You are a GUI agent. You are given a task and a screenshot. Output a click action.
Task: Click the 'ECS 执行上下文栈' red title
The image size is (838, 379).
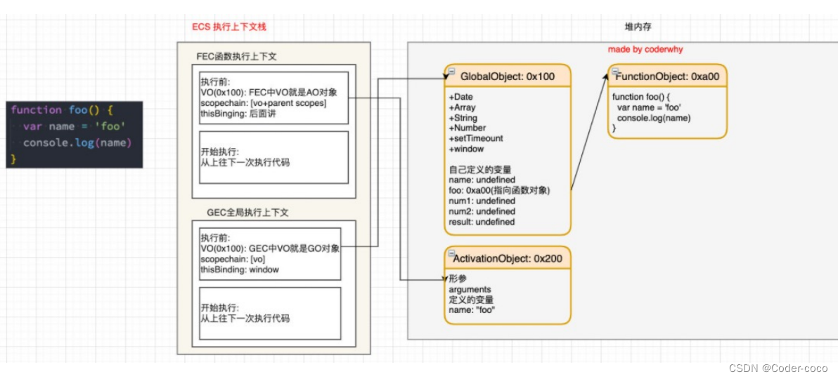(229, 27)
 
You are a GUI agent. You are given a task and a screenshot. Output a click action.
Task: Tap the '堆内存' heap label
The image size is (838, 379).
(638, 27)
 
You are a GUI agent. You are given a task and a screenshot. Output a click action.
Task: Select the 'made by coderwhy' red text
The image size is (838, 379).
(645, 50)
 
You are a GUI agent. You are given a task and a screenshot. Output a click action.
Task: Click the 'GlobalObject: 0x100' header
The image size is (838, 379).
(506, 76)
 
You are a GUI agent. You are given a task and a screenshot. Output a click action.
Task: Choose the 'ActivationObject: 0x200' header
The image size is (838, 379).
(507, 258)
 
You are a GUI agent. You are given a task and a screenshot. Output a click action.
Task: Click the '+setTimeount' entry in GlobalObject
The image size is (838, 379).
(476, 138)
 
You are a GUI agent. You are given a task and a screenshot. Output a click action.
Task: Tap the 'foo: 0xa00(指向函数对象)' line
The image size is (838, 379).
(499, 190)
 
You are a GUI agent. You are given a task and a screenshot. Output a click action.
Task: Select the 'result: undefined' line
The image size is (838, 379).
(482, 222)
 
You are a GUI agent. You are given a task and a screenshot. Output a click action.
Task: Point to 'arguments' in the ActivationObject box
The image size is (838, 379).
(470, 289)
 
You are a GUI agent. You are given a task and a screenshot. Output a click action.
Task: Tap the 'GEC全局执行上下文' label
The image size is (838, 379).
(247, 212)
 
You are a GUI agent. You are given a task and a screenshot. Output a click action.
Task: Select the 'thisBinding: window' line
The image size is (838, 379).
(239, 270)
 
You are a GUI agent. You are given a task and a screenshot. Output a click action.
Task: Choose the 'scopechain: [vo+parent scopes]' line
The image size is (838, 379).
(263, 103)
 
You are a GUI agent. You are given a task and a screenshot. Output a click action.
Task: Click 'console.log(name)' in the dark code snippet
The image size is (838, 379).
(77, 143)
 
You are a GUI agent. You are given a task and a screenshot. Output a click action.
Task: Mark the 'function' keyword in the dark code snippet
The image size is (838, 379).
(37, 110)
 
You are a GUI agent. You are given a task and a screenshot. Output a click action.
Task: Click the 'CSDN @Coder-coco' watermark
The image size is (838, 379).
(778, 368)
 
